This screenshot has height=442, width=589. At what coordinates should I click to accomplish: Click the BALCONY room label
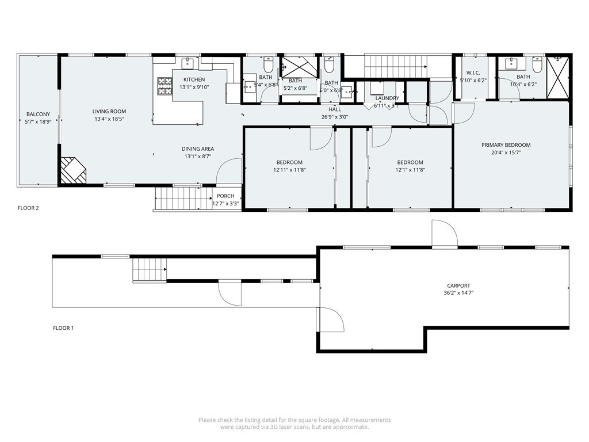point(38,115)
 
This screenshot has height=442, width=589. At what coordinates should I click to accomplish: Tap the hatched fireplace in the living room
point(72,170)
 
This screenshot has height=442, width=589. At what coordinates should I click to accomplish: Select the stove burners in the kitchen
point(164,87)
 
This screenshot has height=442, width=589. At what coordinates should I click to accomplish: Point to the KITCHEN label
point(194,79)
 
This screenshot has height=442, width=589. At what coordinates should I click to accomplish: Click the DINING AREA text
point(198,148)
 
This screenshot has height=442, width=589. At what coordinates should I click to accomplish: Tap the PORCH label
point(225,196)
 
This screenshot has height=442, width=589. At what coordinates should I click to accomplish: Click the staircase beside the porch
point(176,198)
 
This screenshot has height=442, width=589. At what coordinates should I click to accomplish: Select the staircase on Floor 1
point(150,269)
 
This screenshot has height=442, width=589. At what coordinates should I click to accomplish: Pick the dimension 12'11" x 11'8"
point(289,170)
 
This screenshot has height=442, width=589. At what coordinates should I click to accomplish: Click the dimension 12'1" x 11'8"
point(410,170)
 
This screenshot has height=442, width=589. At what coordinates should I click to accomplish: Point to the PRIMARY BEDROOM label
point(506,145)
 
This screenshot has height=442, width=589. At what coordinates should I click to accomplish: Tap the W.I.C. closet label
point(473,73)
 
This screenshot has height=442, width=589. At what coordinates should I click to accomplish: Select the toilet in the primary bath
point(537,65)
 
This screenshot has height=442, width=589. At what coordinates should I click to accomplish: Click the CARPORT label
point(458,285)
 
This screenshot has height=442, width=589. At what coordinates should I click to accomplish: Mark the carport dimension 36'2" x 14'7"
point(458,293)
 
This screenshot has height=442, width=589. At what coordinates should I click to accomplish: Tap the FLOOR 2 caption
point(28,208)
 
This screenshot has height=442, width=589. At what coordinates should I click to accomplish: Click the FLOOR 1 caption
point(63,328)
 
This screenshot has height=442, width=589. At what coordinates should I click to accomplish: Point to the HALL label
point(335,109)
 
